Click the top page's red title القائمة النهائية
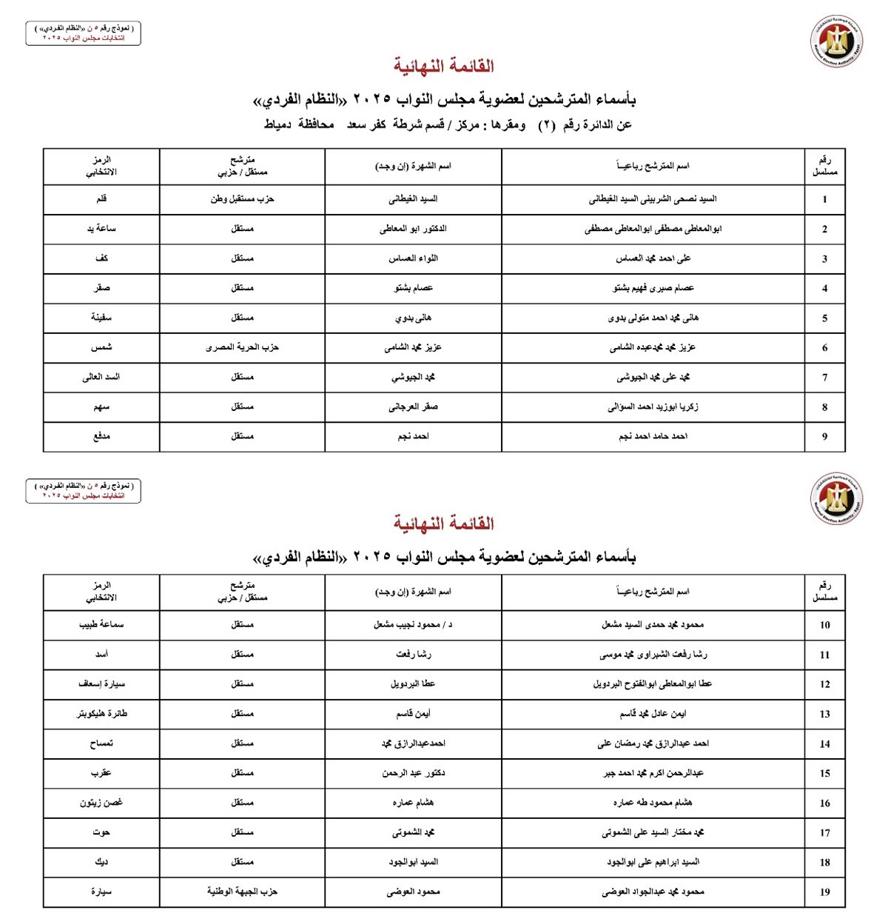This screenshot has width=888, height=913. pos(443,67)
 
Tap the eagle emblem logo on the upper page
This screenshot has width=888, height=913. pos(837,41)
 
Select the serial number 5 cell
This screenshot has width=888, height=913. pos(824,318)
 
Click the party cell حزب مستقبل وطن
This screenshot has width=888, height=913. pos(242,199)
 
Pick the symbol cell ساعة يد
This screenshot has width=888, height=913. pos(101,229)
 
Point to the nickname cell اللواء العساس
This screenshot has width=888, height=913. pos(413,258)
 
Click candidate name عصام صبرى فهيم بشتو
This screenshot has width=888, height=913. pos(653,288)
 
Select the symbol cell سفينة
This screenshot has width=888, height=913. pos(101,318)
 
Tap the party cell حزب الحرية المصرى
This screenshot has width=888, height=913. pos(242,347)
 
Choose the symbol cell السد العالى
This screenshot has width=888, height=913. pos(101,377)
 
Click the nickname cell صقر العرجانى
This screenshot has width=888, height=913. pos(413,407)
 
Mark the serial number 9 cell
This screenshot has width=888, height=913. pos(824,437)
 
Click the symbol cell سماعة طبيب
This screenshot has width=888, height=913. pos(101,625)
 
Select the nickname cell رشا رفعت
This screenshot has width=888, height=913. pos(413,655)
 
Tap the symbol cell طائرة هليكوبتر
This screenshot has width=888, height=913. pos(101,714)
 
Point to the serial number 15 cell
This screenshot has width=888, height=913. pos(824,774)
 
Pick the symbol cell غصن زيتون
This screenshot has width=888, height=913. pos(101,803)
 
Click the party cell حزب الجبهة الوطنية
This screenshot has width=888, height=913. pos(242,892)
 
